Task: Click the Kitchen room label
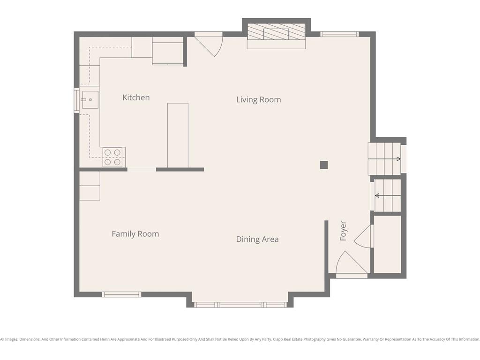tap(136, 97)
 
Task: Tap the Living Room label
tap(259, 100)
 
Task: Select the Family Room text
tap(135, 234)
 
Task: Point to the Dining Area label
tap(257, 240)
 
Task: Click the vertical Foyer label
tap(343, 231)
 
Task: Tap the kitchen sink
tap(90, 100)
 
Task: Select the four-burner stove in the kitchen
tap(112, 157)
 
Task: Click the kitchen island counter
tap(178, 135)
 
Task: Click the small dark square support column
tap(324, 165)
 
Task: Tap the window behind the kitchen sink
tap(76, 100)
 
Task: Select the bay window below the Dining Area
tap(240, 305)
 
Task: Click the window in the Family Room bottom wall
tap(121, 294)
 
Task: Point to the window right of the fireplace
tap(339, 34)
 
